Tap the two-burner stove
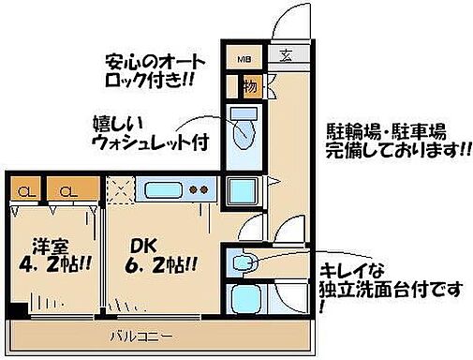200,189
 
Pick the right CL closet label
68,193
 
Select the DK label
142,247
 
